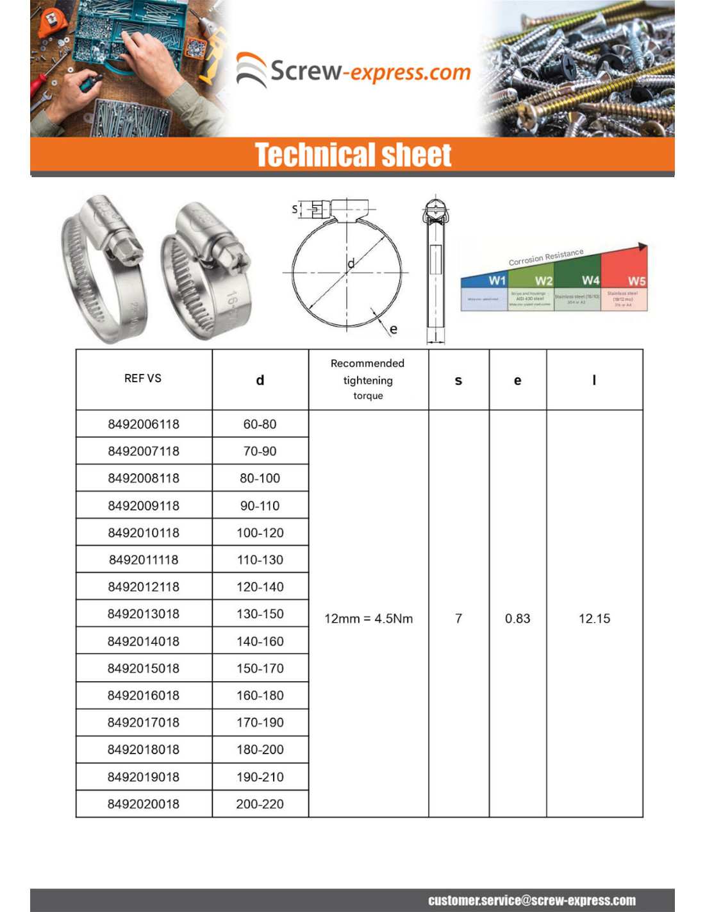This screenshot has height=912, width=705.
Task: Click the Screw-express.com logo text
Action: click(370, 71)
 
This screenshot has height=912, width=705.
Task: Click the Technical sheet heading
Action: click(353, 155)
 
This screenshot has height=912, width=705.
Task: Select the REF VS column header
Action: click(143, 378)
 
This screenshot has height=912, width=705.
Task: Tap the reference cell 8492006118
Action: click(144, 424)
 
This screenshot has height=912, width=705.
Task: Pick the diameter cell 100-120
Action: click(260, 532)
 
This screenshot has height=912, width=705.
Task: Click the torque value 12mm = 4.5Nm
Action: click(369, 618)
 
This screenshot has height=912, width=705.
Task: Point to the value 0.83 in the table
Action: click(517, 618)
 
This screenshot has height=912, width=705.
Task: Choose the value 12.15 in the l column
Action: click(594, 618)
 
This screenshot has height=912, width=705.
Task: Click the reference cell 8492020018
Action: click(144, 804)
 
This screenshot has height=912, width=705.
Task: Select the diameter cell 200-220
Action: click(260, 804)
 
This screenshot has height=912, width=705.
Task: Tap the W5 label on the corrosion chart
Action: click(636, 281)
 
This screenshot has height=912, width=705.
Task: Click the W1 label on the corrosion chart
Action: click(497, 280)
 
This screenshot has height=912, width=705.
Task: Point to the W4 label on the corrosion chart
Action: click(590, 280)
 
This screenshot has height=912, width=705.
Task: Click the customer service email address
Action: click(532, 900)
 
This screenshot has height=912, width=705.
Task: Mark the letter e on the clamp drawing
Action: click(394, 329)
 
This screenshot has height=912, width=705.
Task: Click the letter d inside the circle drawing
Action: click(351, 263)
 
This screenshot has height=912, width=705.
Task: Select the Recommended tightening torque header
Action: click(368, 379)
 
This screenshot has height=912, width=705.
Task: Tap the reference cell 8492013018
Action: click(144, 614)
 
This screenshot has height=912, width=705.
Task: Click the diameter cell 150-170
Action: click(260, 668)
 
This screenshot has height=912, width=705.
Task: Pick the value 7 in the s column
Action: click(458, 618)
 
